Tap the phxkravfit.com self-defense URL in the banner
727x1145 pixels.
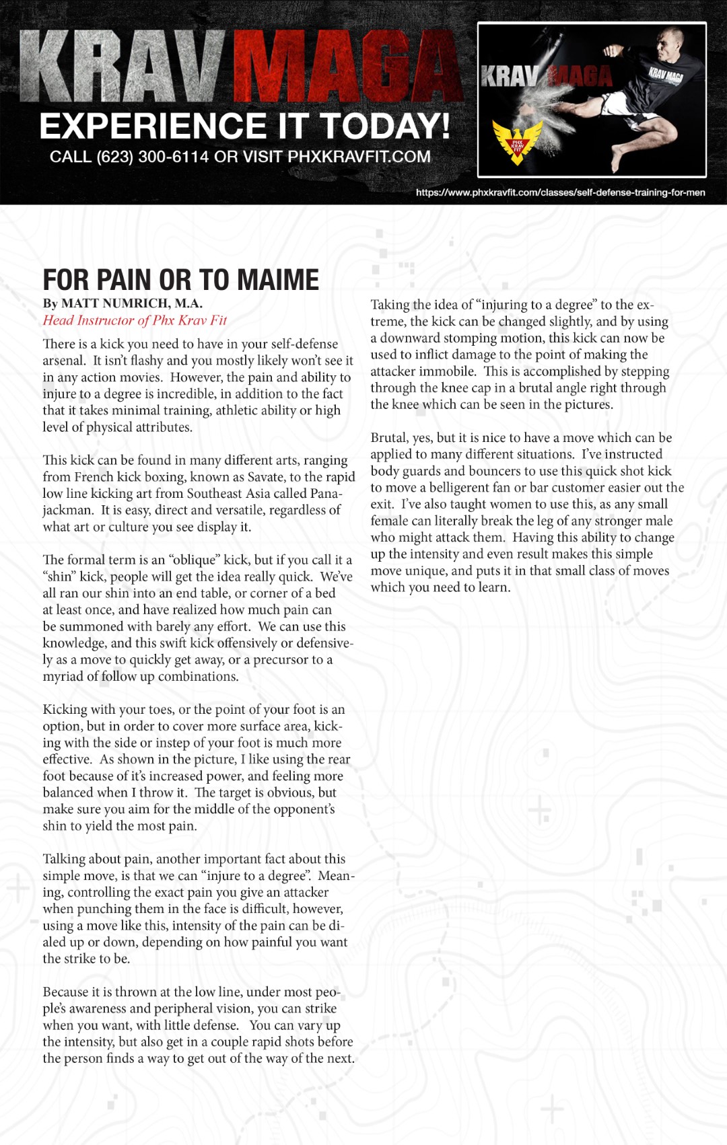[560, 192]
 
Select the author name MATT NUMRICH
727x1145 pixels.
[132, 303]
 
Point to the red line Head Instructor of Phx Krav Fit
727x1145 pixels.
[135, 320]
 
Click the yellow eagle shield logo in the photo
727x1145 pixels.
[517, 142]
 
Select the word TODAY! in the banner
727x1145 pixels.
[384, 126]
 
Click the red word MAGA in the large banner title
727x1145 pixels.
[347, 67]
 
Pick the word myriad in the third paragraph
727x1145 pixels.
[63, 677]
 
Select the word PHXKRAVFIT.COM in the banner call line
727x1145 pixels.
[359, 157]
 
